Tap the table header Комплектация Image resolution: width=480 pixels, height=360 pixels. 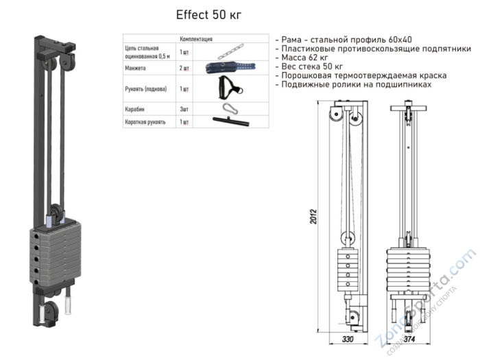tap(196, 40)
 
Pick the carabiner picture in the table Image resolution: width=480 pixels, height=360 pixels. tap(228, 108)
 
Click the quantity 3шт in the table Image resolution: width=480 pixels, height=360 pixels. tap(184, 108)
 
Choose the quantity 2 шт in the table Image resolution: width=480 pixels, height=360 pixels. tap(184, 69)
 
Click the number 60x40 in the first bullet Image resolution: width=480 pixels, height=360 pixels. tap(396, 40)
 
